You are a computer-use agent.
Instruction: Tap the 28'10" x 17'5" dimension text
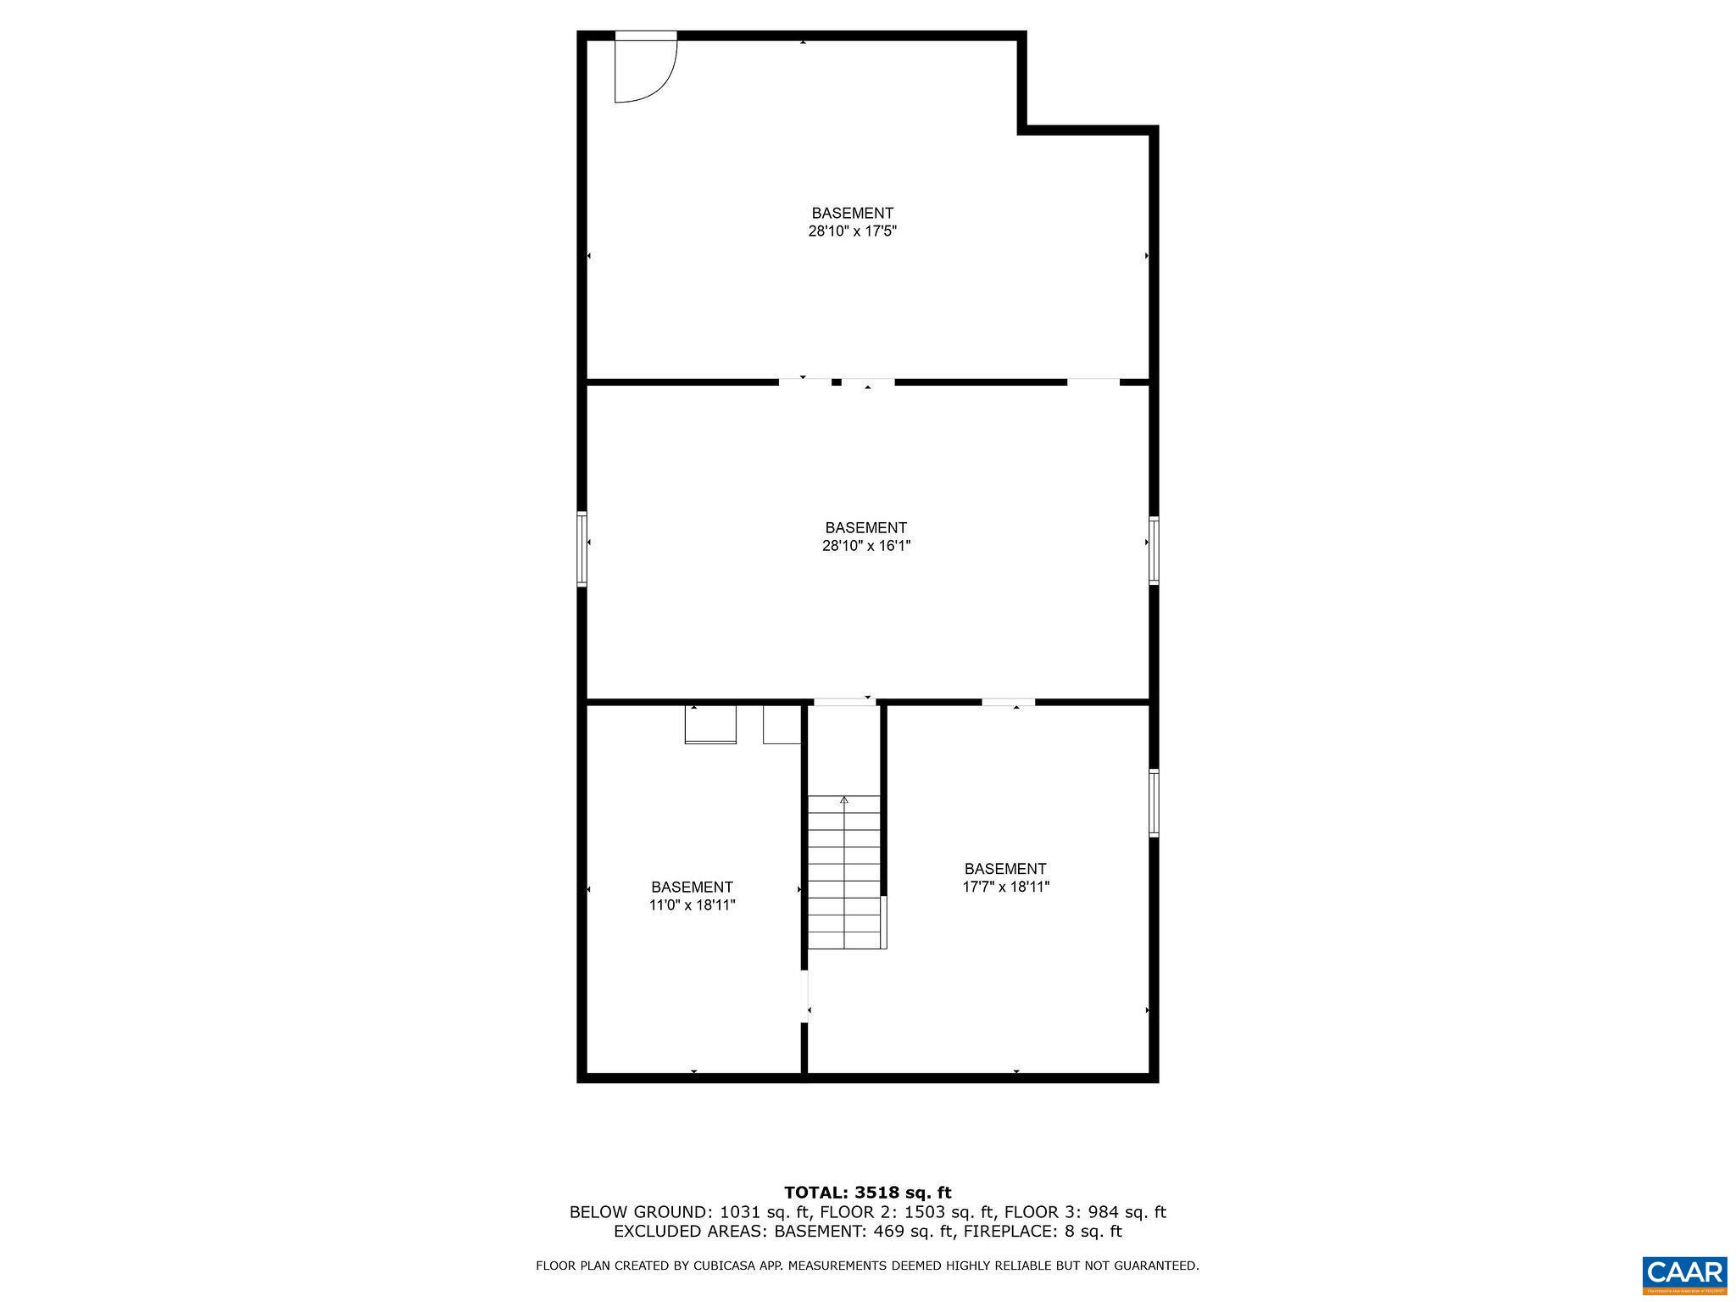pyautogui.click(x=852, y=231)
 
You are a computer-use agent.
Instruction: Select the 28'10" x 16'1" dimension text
pyautogui.click(x=865, y=546)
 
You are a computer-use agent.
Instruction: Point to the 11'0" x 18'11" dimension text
pyautogui.click(x=692, y=905)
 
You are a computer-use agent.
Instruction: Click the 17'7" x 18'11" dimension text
pyautogui.click(x=1005, y=887)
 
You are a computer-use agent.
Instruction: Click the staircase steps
pyautogui.click(x=843, y=873)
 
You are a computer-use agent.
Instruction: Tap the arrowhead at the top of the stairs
pyautogui.click(x=843, y=799)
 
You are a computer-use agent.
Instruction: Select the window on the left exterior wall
pyautogui.click(x=581, y=548)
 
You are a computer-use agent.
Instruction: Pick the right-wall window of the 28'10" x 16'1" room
pyautogui.click(x=1154, y=550)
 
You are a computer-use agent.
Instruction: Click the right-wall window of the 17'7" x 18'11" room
pyautogui.click(x=1154, y=802)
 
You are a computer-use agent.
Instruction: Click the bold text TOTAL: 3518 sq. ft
pyautogui.click(x=867, y=1193)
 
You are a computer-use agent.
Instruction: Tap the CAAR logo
pyautogui.click(x=1683, y=1274)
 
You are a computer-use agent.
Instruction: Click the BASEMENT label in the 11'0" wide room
pyautogui.click(x=692, y=887)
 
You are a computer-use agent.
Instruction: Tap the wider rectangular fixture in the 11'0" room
pyautogui.click(x=710, y=725)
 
